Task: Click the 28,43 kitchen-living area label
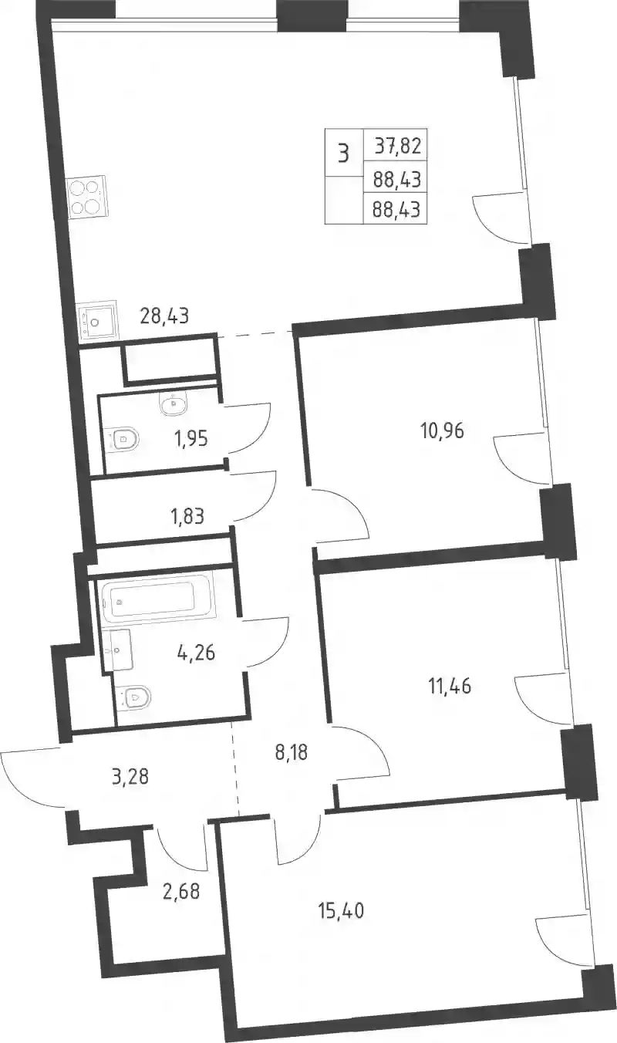[164, 316]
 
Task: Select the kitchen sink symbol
[97, 319]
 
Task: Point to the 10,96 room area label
[442, 431]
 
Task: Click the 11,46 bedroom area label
[450, 686]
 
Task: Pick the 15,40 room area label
[342, 910]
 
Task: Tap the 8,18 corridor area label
[292, 752]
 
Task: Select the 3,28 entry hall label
[130, 777]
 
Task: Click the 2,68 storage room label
[181, 891]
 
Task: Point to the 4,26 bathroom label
[196, 653]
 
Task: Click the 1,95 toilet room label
[191, 438]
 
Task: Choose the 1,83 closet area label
[187, 516]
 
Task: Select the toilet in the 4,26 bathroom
[135, 698]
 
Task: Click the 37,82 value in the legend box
[398, 147]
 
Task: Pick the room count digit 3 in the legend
[343, 154]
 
